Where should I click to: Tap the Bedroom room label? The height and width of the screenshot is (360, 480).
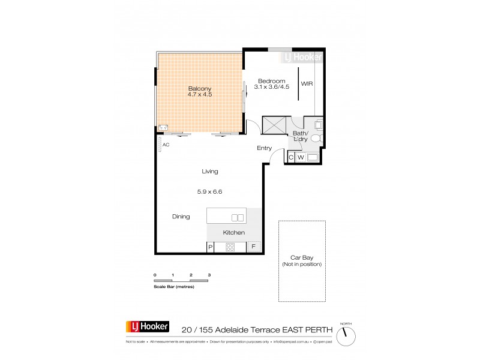[272, 80]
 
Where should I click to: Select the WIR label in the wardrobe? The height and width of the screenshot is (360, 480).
[307, 83]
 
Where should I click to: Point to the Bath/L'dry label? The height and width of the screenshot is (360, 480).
[300, 136]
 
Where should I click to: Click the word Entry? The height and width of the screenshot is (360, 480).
[264, 148]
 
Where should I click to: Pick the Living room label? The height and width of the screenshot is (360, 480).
[209, 172]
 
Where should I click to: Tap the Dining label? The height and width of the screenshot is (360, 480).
[181, 217]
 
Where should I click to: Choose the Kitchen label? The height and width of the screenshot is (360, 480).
[233, 232]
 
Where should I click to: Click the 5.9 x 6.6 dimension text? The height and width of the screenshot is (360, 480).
[209, 193]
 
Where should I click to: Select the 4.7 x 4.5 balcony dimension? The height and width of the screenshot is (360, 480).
[200, 94]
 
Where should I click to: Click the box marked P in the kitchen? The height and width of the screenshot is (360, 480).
[211, 247]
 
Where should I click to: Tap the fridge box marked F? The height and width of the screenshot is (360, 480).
[254, 247]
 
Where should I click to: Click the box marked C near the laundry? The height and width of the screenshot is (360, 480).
[291, 157]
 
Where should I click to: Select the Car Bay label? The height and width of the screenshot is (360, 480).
[302, 258]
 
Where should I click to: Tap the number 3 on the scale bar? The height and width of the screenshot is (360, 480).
[209, 274]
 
